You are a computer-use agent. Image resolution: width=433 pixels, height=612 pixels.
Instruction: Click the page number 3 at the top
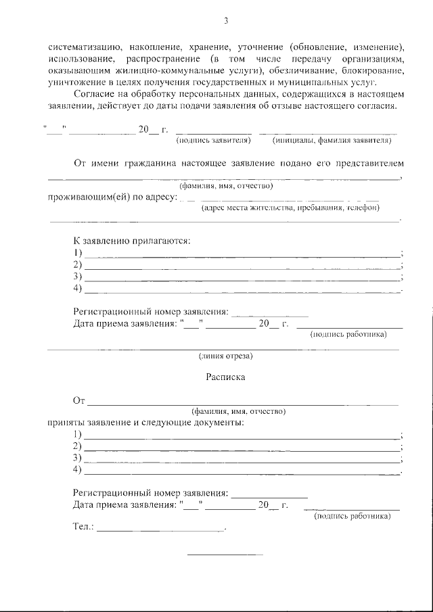tap(226, 21)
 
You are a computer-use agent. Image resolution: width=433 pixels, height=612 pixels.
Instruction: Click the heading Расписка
tap(225, 377)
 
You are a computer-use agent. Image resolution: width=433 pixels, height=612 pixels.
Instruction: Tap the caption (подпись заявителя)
tap(214, 141)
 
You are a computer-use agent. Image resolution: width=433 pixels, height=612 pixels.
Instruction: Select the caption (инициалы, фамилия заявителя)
tap(332, 141)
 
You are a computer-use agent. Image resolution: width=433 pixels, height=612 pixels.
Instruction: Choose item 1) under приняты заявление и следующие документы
tap(77, 435)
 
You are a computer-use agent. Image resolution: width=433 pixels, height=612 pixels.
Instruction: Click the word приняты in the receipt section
tap(64, 423)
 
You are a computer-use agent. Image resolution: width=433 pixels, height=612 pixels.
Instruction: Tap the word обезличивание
tap(309, 70)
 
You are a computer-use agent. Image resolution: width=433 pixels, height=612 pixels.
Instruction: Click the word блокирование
tap(378, 70)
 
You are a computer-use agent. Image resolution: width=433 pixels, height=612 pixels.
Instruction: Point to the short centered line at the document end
tap(225, 555)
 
